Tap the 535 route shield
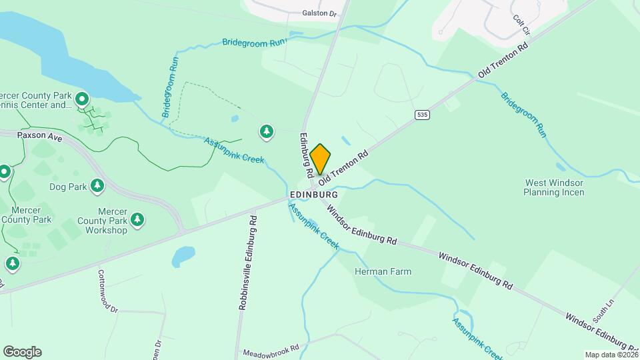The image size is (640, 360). (x=421, y=115)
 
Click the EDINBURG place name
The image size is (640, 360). (x=313, y=194)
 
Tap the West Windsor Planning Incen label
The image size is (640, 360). (x=554, y=187)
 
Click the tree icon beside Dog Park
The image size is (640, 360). (x=97, y=185)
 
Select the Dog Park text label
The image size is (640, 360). (x=68, y=187)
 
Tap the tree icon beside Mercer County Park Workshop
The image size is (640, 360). (x=137, y=219)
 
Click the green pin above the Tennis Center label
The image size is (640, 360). (x=82, y=100)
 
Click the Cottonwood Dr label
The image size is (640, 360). (x=107, y=291)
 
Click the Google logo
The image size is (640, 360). (x=22, y=352)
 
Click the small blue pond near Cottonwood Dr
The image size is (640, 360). (x=183, y=255)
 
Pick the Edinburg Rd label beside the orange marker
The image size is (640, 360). (x=307, y=155)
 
